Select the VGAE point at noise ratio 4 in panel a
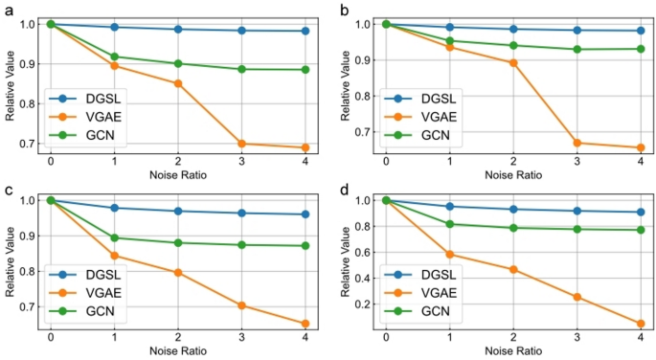[x=305, y=147]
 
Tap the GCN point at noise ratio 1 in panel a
[x=114, y=56]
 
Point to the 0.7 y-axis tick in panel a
[x=31, y=144]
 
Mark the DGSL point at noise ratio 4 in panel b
[x=640, y=31]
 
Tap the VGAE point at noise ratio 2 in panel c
[x=177, y=273]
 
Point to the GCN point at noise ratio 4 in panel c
[x=305, y=246]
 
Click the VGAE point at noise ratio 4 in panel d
[x=640, y=324]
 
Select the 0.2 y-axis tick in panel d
[x=365, y=304]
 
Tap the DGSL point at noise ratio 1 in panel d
[x=449, y=207]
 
